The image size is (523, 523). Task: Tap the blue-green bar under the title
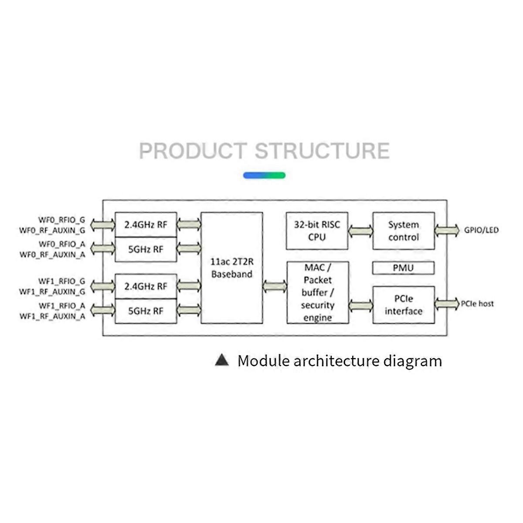(264, 175)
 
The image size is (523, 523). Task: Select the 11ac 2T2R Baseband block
(231, 268)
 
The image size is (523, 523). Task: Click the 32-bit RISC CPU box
(317, 231)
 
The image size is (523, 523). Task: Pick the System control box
(403, 231)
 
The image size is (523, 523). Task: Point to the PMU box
(403, 268)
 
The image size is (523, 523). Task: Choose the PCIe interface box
(403, 305)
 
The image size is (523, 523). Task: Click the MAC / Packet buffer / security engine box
(318, 292)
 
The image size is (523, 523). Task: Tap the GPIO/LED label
(482, 230)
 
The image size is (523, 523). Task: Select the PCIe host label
(477, 304)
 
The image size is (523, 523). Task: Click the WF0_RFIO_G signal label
(61, 220)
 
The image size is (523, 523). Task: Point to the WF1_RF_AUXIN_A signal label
(52, 316)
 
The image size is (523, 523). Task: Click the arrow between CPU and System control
(360, 231)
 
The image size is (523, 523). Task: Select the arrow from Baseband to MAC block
(275, 286)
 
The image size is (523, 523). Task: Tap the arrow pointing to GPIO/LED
(447, 230)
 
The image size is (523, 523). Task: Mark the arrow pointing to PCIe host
(447, 304)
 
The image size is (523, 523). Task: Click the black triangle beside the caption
(222, 360)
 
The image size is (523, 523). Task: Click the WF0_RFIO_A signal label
(61, 244)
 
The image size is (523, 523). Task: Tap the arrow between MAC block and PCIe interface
(361, 306)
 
